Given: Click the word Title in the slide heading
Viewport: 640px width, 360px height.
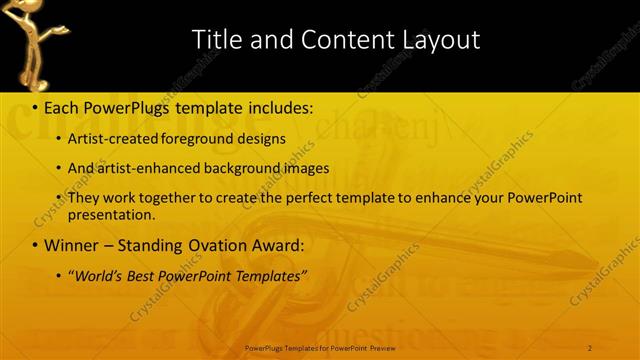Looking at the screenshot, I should coord(215,40).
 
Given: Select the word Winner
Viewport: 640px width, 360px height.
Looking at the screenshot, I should coord(71,245).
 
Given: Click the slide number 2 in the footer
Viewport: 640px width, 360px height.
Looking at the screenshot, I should coord(590,348).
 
